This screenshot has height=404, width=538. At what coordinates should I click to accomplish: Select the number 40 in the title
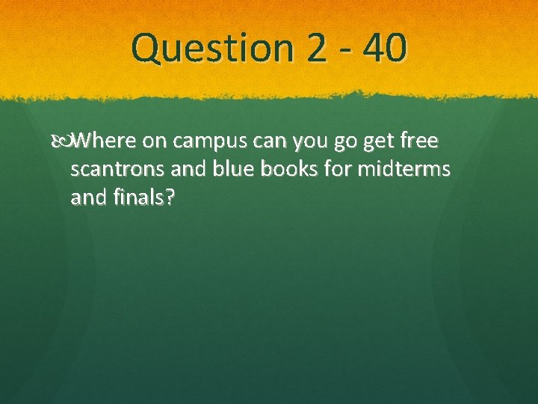coord(386,49)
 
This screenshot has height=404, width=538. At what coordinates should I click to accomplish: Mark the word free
coord(418,140)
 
